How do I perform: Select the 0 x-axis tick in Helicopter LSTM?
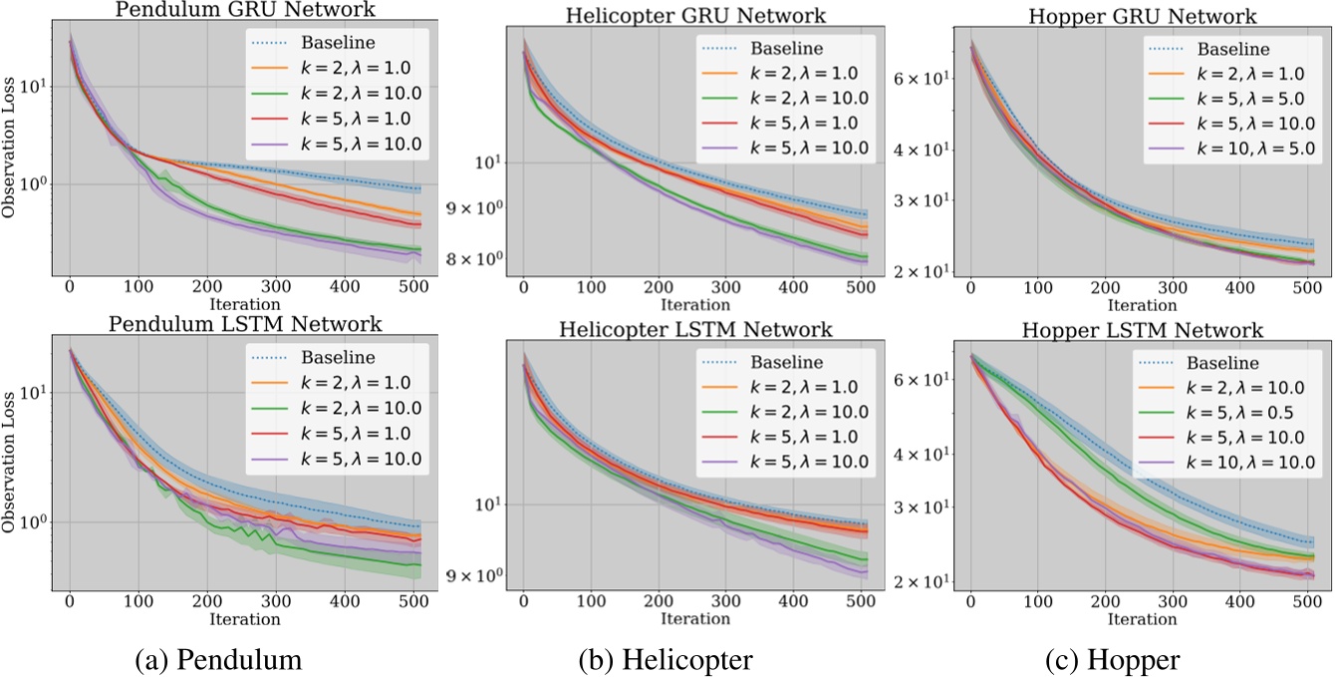523,602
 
